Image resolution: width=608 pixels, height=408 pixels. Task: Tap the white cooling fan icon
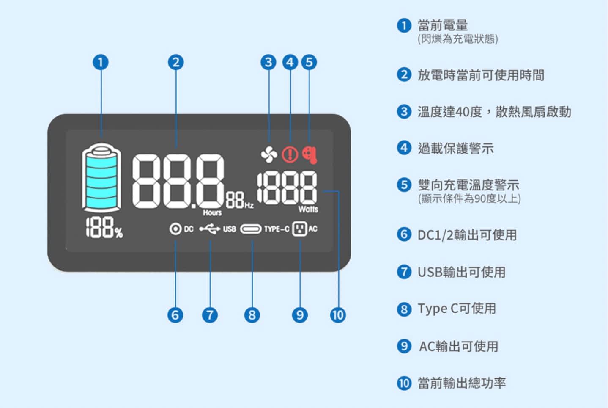pos(269,154)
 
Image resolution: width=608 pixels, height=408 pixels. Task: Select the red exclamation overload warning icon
pos(290,154)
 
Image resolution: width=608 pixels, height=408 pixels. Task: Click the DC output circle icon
pos(175,229)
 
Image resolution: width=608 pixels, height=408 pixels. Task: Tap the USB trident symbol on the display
pos(210,229)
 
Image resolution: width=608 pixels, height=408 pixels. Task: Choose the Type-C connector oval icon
pos(251,229)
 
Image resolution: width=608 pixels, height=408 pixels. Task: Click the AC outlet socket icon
pos(299,229)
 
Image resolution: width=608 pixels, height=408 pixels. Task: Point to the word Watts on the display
pos(308,209)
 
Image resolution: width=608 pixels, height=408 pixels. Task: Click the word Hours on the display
pos(212,212)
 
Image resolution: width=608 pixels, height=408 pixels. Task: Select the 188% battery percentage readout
pos(104,228)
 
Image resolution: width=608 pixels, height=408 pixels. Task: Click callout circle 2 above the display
pos(176,62)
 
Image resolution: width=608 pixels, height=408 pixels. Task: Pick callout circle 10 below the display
pos(337,315)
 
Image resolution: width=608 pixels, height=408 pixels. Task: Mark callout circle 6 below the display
pos(175,315)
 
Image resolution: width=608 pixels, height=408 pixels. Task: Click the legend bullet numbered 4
pos(404,148)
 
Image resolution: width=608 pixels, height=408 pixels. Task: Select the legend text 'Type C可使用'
pos(457,309)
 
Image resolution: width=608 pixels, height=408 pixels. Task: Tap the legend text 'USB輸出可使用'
pos(461,272)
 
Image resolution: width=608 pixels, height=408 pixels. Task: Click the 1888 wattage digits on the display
pos(287,188)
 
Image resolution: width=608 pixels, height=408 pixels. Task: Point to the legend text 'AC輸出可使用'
pos(458,346)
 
